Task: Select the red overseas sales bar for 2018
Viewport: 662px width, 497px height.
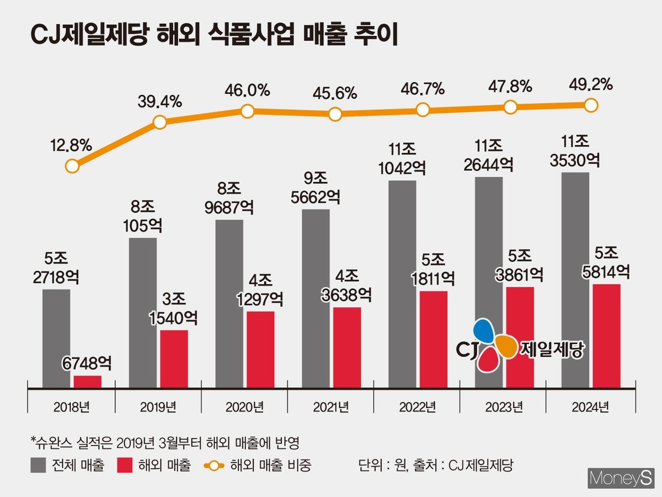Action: point(88,382)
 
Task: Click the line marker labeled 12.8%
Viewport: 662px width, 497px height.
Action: point(72,165)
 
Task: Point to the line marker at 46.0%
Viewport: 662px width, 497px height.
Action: point(248,111)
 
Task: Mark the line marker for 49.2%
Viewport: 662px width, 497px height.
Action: point(591,104)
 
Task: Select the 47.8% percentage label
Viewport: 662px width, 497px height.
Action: point(510,86)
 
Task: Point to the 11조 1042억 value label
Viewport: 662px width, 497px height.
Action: point(402,159)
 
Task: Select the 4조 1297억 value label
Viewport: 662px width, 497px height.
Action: point(260,290)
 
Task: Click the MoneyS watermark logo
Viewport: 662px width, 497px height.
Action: point(621,478)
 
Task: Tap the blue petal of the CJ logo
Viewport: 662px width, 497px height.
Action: point(484,330)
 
